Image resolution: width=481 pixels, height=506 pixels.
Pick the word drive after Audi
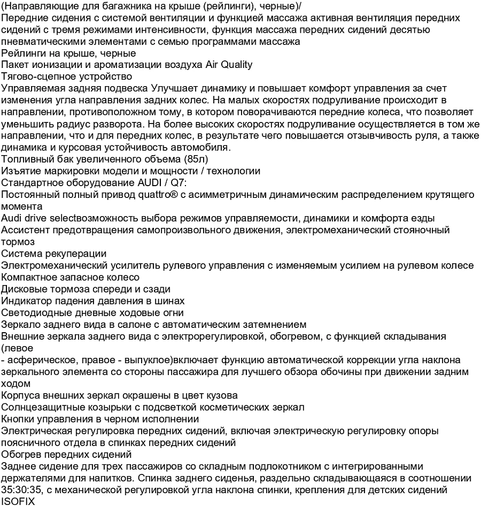tap(36, 218)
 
